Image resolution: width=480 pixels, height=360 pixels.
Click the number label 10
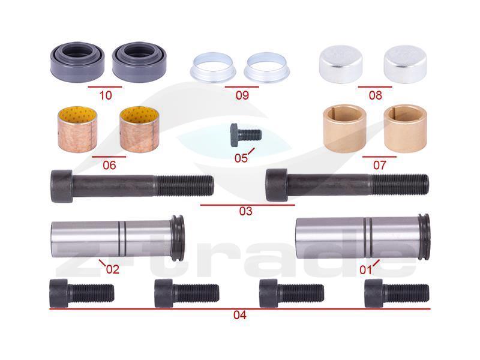tap(106, 95)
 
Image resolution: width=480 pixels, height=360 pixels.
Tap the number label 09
tap(242, 95)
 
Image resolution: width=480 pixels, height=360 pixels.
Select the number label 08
tap(376, 95)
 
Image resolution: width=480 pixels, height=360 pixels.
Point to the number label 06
tap(109, 166)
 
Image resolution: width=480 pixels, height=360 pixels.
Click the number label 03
tap(246, 211)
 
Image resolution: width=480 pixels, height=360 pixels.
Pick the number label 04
tap(239, 314)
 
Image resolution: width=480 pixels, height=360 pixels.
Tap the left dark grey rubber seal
tap(77, 62)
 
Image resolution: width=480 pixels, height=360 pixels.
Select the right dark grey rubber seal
tap(139, 62)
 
